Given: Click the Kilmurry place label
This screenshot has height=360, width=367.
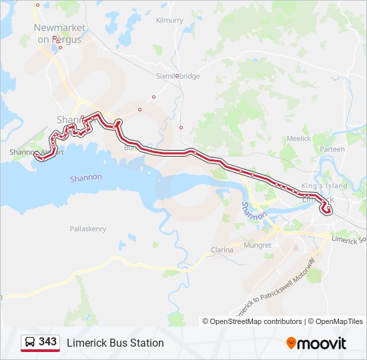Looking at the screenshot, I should point(169,21).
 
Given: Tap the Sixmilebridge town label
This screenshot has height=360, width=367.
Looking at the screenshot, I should point(177,76).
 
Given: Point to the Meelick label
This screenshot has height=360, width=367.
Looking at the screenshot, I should point(299,138).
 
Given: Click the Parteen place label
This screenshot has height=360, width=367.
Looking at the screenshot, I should point(332,149).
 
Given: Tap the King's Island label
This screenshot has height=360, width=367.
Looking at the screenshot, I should point(325,185).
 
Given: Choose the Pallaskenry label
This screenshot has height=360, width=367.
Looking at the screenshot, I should point(88,229).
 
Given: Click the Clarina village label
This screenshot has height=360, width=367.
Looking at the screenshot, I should point(222,250).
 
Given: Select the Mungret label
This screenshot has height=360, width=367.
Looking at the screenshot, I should point(258,245).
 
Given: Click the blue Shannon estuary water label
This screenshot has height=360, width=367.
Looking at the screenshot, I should point(86,177).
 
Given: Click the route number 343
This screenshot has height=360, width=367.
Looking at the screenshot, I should point(47,342).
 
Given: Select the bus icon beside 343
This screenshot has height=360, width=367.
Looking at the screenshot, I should point(30,343).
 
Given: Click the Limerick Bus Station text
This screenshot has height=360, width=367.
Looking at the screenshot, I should point(115,343).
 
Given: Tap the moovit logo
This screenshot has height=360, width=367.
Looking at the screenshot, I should point(316,343).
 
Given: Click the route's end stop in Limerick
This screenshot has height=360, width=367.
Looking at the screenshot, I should point(327,211).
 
